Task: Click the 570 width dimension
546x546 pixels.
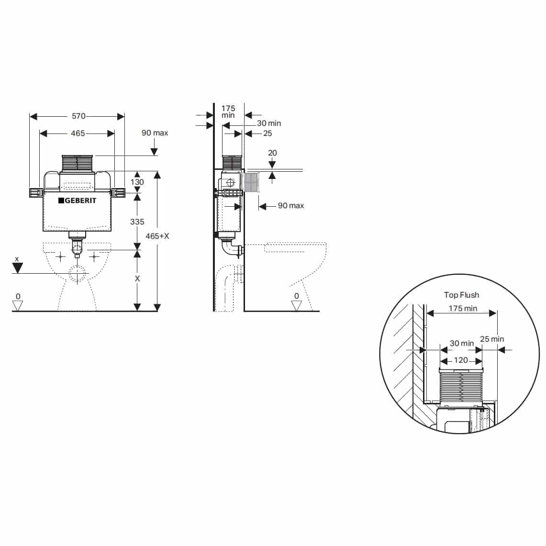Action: tap(78, 116)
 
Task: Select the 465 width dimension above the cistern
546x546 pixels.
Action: tap(78, 134)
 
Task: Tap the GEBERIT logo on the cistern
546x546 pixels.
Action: tap(77, 201)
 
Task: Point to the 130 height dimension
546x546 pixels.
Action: tap(137, 182)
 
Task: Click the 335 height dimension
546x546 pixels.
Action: tap(137, 222)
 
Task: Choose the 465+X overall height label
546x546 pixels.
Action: tap(157, 236)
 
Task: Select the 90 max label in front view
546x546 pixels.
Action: tap(155, 133)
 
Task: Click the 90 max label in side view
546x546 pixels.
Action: tap(290, 206)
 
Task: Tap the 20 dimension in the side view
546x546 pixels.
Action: tap(272, 153)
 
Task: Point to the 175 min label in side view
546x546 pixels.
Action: tap(228, 112)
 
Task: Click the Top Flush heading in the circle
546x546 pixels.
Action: tap(461, 295)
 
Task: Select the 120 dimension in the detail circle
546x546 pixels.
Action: tap(460, 360)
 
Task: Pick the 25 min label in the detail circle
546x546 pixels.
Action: tap(492, 339)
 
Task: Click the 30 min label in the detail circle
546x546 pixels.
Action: tap(461, 344)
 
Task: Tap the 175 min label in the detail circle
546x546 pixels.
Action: tap(462, 309)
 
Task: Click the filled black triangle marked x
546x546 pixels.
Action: tap(18, 268)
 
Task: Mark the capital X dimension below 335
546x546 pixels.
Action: tap(137, 279)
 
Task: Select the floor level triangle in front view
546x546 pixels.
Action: tap(18, 305)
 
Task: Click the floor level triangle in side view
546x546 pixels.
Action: tap(296, 305)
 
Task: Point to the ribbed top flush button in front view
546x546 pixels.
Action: tap(77, 163)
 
